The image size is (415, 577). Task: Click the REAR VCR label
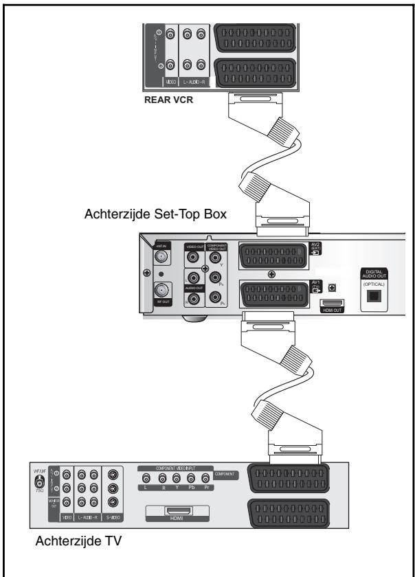(172, 98)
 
